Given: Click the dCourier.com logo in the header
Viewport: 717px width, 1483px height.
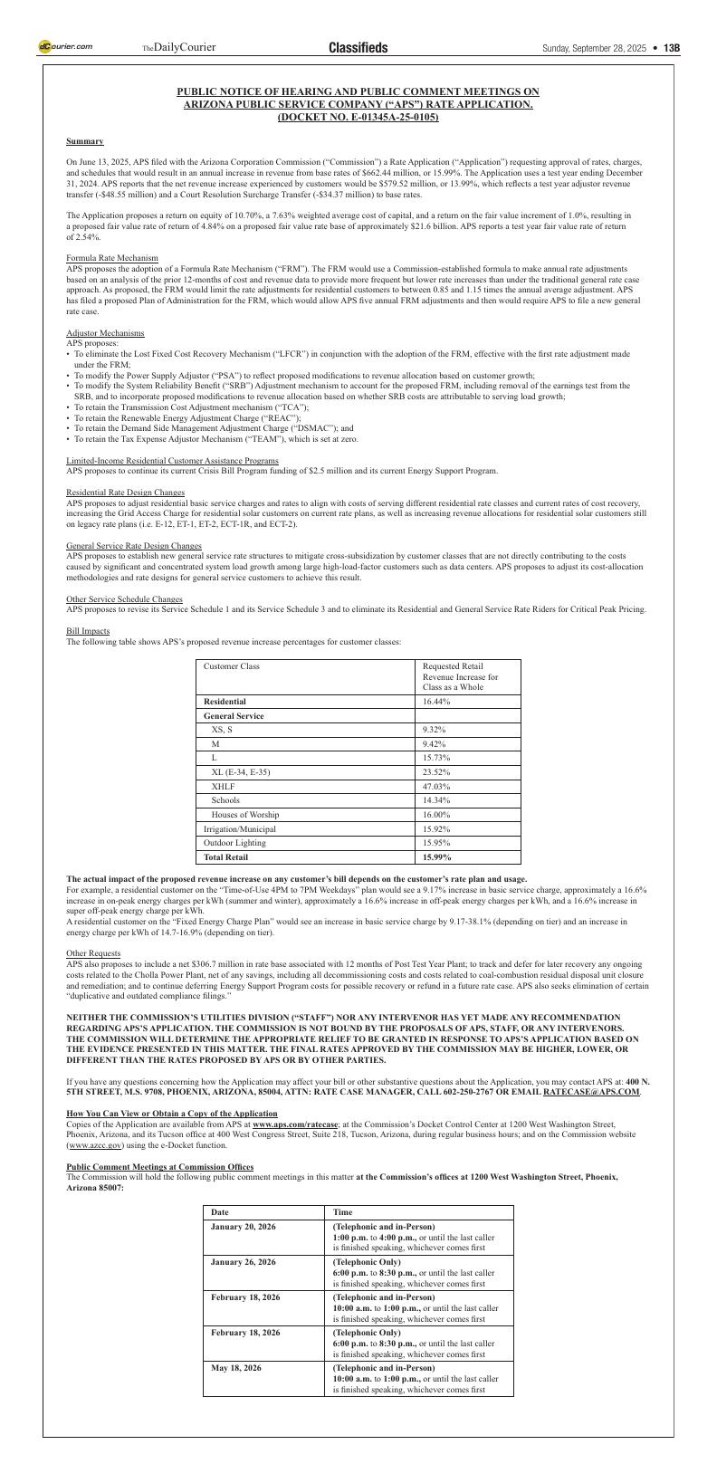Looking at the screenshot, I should pos(65,47).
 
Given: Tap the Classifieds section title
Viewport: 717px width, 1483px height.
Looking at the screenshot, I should pos(358,48).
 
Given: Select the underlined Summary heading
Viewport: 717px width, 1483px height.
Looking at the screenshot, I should pos(84,141).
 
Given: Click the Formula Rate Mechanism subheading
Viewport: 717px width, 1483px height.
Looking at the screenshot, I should pos(112,258).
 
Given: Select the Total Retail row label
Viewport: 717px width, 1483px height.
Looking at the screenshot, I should pos(225,856).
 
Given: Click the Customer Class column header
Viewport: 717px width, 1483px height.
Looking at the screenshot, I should pos(232,666).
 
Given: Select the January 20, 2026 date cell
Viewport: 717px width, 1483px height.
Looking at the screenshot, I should pos(243,1227).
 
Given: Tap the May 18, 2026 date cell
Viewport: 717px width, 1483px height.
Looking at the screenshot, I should pos(236,1368).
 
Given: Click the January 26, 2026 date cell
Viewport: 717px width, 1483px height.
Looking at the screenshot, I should pos(243,1262).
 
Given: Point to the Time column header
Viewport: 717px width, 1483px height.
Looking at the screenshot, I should pos(342,1212).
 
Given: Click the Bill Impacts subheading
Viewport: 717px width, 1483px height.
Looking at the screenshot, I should pos(88,631).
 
